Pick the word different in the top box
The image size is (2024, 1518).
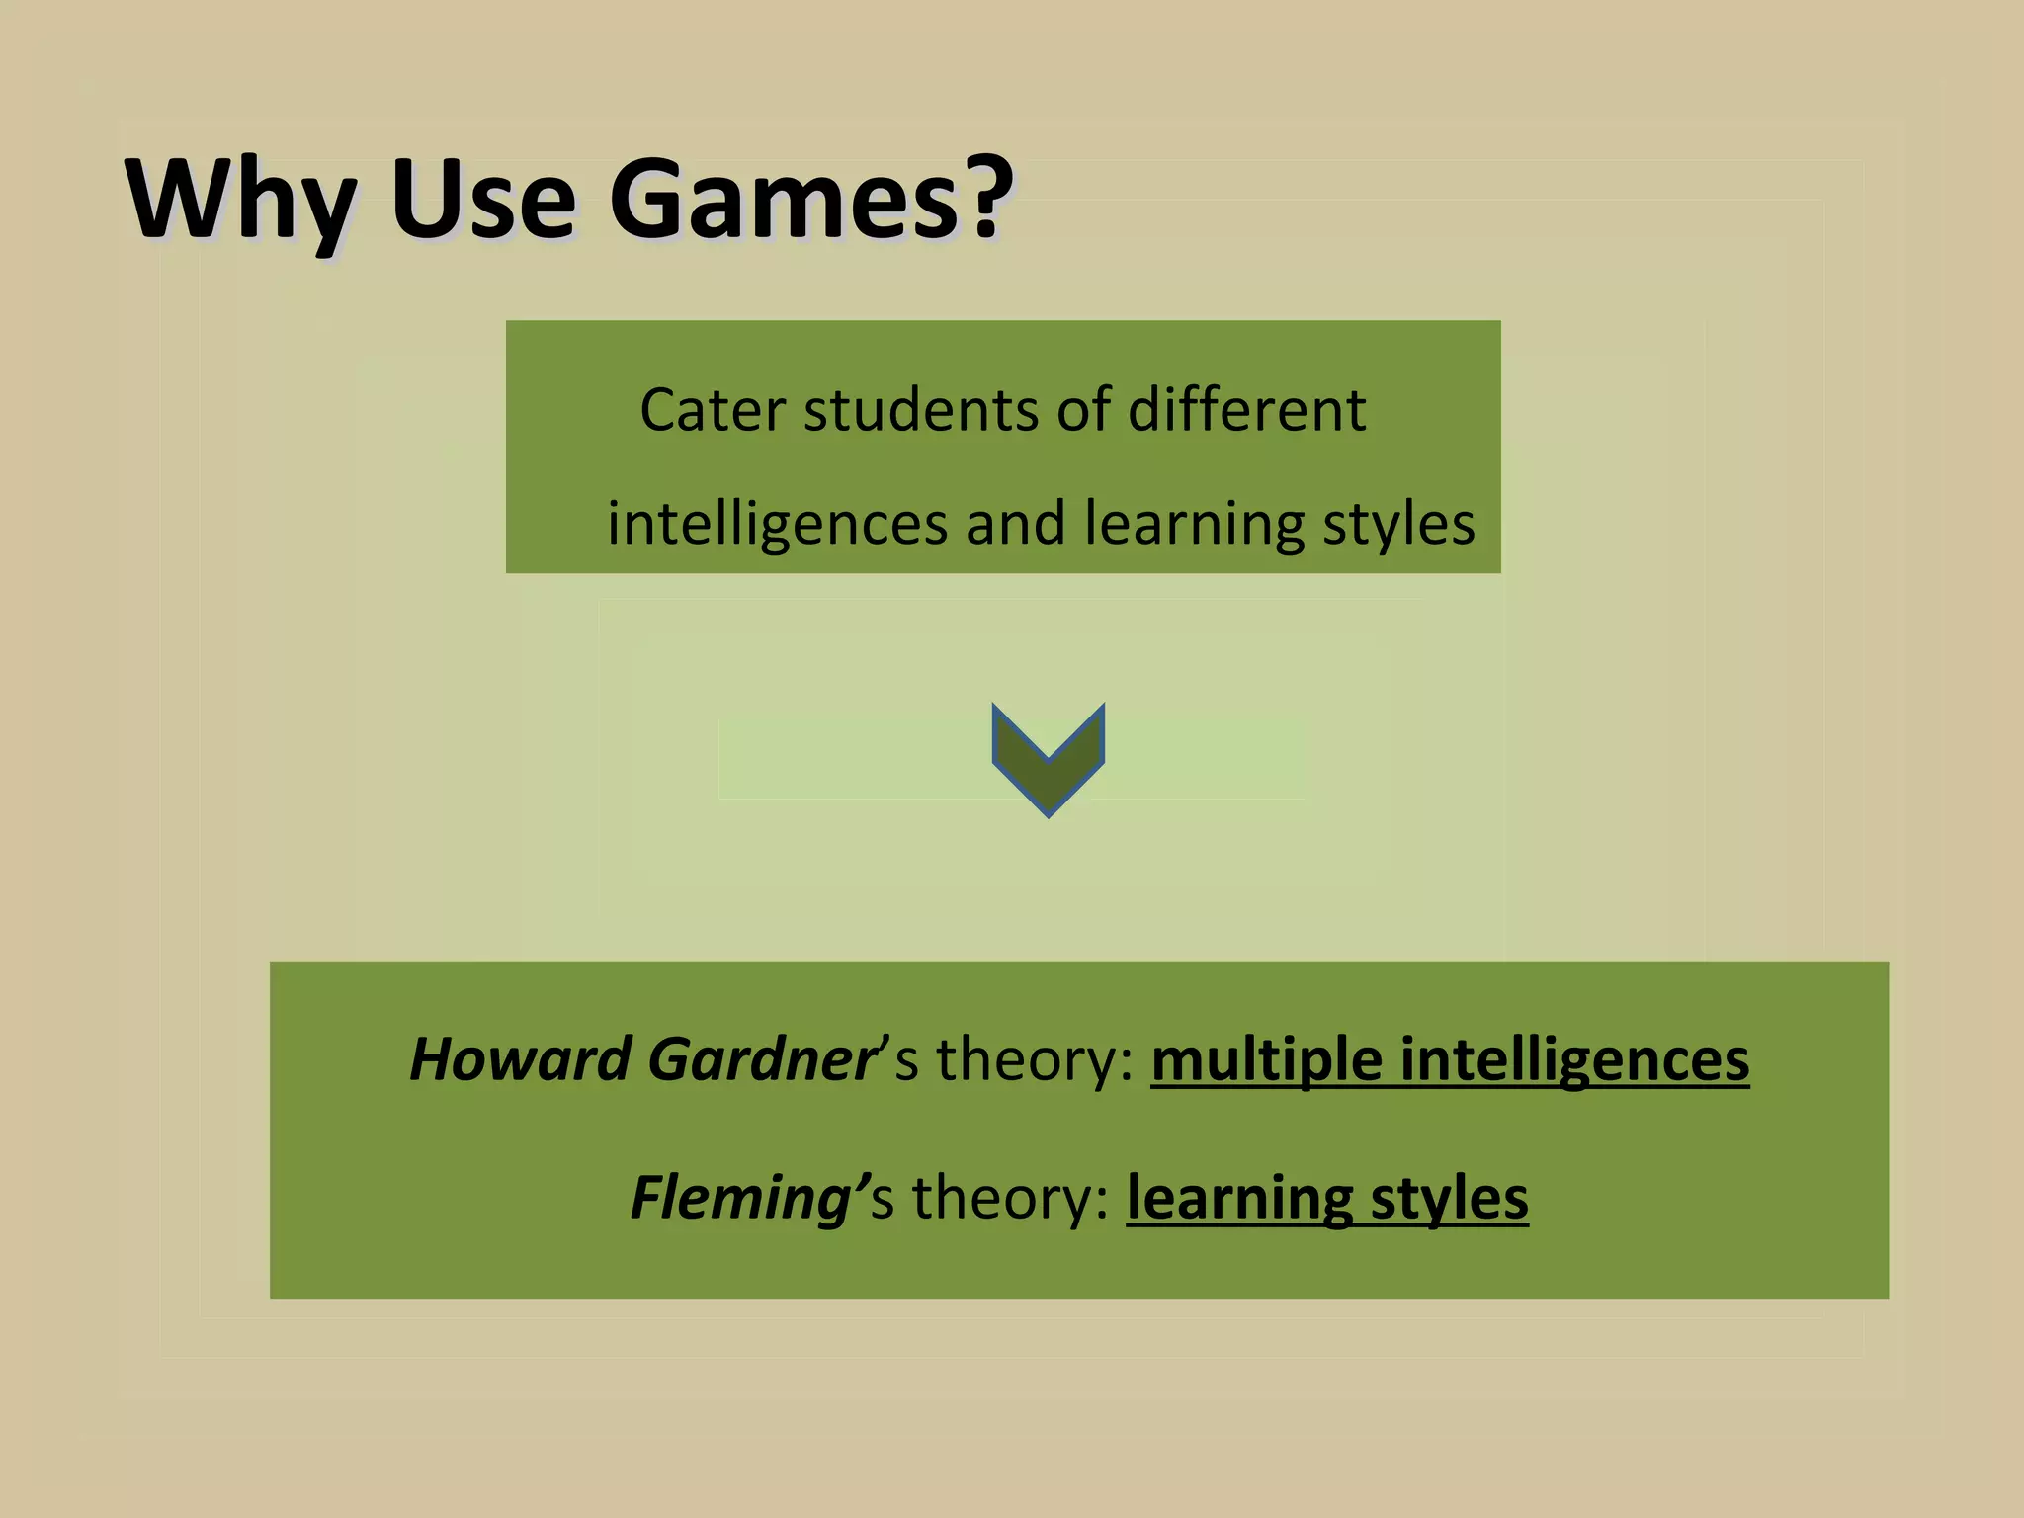pyautogui.click(x=1246, y=410)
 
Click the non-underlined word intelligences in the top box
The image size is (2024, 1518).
pyautogui.click(x=777, y=524)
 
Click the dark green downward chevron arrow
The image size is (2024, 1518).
pyautogui.click(x=1048, y=757)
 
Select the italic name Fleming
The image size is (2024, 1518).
pyautogui.click(x=740, y=1198)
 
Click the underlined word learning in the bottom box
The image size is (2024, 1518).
pyautogui.click(x=1239, y=1198)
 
